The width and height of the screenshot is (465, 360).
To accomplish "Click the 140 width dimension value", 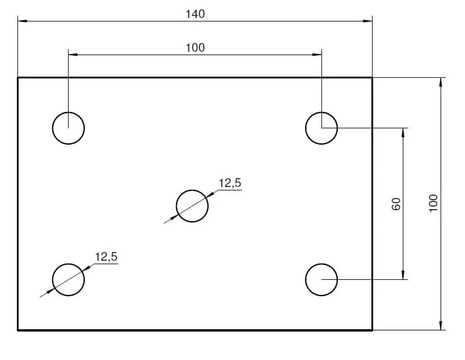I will (195, 14).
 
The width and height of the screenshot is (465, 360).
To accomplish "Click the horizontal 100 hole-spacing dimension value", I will (195, 48).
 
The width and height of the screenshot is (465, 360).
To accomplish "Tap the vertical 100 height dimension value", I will (433, 203).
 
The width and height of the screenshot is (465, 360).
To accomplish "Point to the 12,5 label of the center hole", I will (230, 183).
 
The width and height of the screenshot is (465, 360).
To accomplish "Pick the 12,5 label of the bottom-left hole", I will (106, 257).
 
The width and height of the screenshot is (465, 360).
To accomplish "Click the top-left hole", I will (69, 128).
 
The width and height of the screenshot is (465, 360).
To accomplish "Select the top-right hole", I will (321, 128).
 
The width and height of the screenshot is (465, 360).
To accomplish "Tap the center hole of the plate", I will (192, 206).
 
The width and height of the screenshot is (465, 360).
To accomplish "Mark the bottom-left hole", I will (69, 279).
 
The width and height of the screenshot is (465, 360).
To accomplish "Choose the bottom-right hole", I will (321, 279).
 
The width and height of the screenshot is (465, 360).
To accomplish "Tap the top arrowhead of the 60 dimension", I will (403, 131).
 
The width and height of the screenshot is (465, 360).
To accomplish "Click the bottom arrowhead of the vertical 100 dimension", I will (441, 326).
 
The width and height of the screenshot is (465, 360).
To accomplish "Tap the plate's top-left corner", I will (18, 78).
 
